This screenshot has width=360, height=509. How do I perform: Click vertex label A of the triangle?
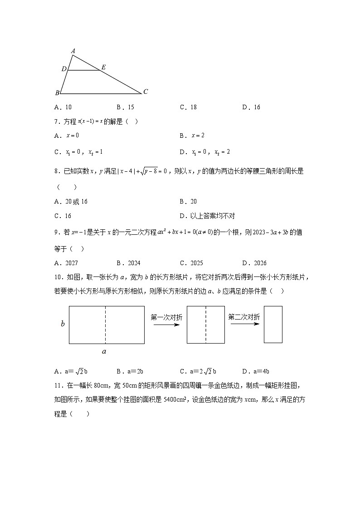[x=73, y=51]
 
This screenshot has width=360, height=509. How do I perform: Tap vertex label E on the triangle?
[x=103, y=68]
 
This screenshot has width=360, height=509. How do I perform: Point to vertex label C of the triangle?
[x=146, y=92]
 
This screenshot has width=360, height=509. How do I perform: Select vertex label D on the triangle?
[x=64, y=69]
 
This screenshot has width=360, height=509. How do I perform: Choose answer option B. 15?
[x=125, y=107]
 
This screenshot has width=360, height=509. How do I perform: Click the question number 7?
[x=56, y=121]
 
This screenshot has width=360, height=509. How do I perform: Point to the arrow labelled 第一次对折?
[x=166, y=325]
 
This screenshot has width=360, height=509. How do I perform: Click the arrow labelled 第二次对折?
[x=243, y=325]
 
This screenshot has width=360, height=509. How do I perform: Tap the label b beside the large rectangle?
[x=63, y=324]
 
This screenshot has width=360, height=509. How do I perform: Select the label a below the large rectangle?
[x=104, y=352]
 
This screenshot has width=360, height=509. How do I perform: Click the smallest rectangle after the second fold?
[x=273, y=324]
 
